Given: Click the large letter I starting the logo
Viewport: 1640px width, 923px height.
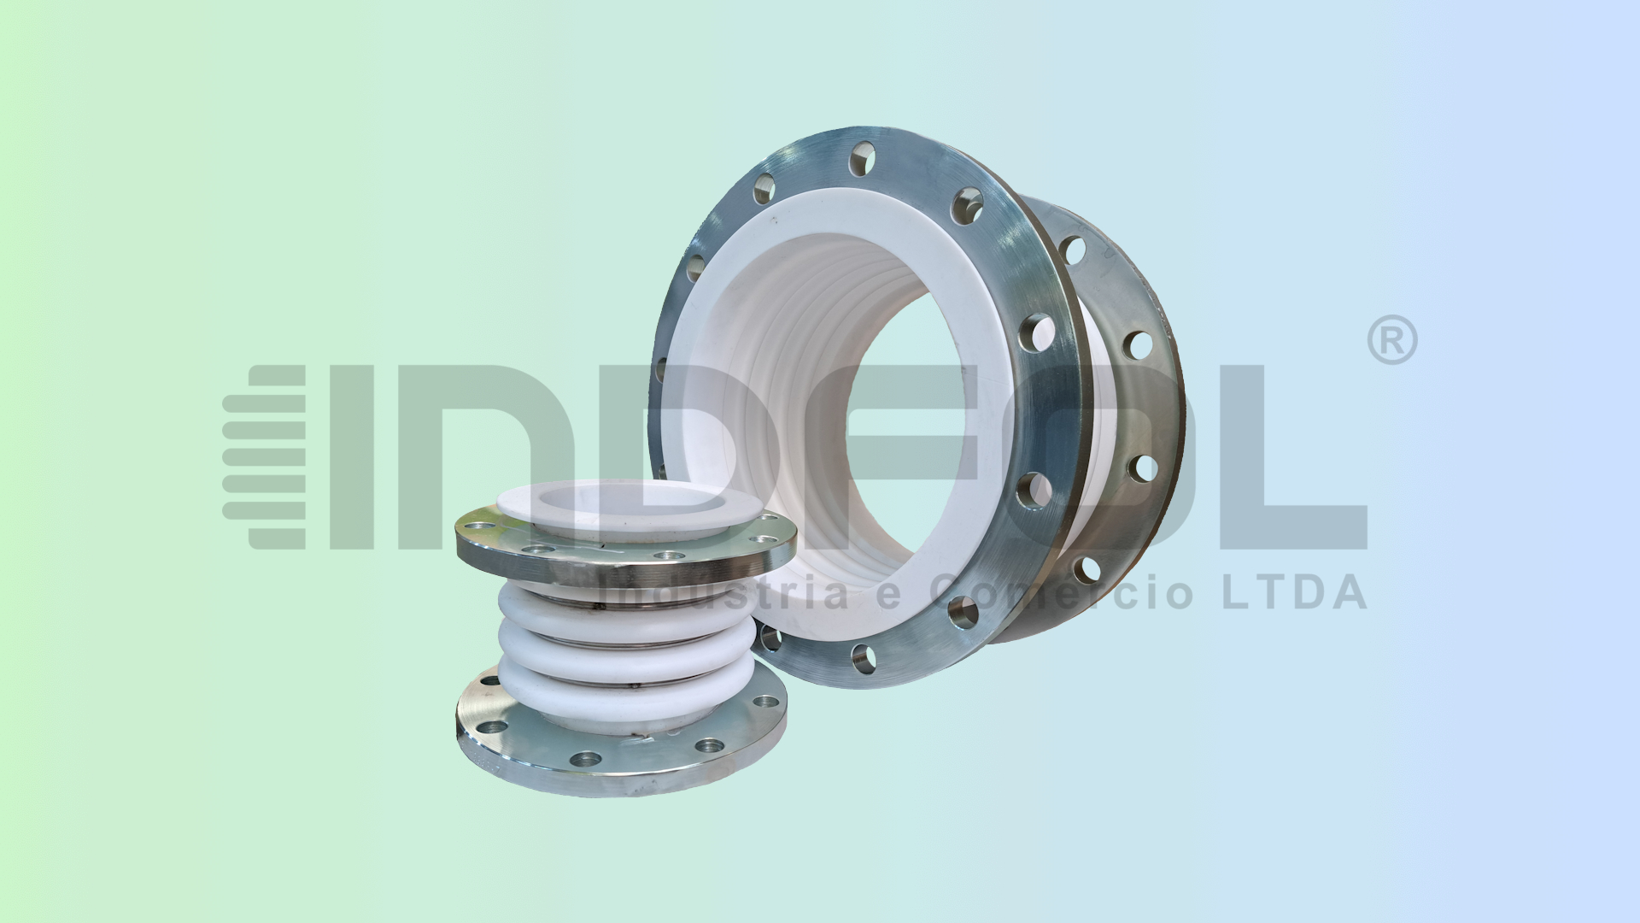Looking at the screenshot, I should (351, 457).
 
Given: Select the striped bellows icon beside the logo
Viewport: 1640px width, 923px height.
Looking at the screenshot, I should (265, 457).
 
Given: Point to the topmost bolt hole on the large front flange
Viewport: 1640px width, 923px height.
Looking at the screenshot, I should (862, 158).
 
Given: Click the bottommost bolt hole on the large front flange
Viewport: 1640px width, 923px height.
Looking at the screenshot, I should (863, 658).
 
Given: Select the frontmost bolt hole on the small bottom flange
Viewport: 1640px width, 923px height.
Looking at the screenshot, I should (586, 758).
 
